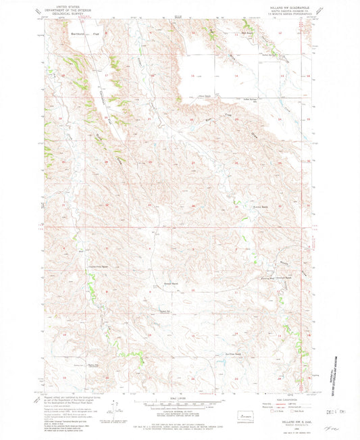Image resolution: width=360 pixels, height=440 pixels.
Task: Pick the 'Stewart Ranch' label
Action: coord(171,283)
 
